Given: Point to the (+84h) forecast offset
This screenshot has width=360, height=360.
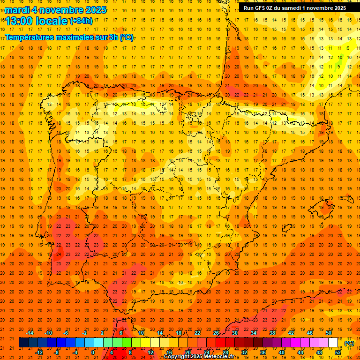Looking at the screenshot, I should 81,21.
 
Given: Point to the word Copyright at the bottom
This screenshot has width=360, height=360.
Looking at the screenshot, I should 177,357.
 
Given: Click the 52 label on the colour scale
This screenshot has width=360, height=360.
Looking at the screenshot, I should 338,352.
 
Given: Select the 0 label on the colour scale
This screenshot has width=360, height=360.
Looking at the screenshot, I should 93,352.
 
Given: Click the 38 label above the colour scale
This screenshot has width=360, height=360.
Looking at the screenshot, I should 272,333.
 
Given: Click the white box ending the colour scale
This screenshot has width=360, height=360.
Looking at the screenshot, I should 333,343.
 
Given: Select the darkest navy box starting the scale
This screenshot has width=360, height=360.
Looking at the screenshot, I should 23,343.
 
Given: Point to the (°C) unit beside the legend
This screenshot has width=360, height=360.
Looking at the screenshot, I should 349,343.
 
